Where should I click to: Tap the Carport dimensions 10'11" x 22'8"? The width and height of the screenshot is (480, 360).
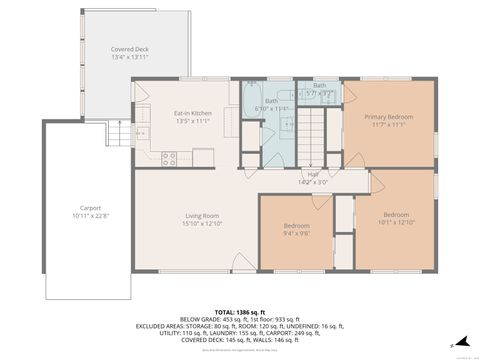tap(90, 216)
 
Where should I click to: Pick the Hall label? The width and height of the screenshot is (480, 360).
tap(313, 174)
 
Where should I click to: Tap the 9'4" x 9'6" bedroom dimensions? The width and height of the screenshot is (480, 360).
tap(296, 234)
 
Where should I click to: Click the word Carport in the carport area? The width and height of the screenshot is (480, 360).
tap(90, 208)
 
